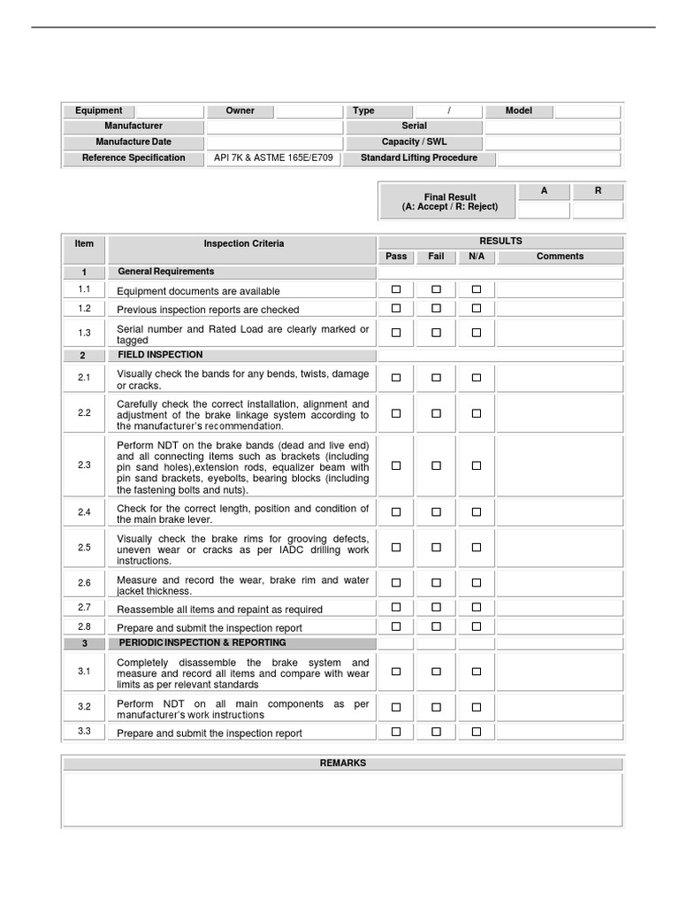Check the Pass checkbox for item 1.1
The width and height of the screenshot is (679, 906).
click(x=396, y=289)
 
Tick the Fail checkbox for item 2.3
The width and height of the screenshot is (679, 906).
click(x=436, y=465)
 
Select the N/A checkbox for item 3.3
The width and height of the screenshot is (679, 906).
click(x=477, y=732)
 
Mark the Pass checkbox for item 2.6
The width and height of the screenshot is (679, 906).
click(x=396, y=583)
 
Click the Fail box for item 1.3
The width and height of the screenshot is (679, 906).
click(x=436, y=333)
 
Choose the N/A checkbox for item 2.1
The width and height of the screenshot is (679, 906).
click(x=477, y=378)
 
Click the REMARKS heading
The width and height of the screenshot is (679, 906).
click(x=343, y=763)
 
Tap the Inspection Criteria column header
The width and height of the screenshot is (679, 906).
click(x=244, y=243)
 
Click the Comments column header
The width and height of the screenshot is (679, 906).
click(x=560, y=257)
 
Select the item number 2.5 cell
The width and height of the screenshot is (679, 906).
click(x=84, y=548)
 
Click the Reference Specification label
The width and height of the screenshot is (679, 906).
click(x=134, y=158)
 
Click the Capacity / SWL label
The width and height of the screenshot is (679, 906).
click(x=414, y=142)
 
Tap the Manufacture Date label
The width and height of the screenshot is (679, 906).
click(x=134, y=142)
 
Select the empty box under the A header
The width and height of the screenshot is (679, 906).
click(x=544, y=211)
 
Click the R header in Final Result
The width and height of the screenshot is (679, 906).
click(x=598, y=191)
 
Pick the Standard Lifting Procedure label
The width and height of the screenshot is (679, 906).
click(x=419, y=158)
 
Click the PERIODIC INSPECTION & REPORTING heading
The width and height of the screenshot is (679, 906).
click(x=202, y=643)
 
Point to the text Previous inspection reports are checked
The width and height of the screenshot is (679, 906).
click(x=208, y=310)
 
